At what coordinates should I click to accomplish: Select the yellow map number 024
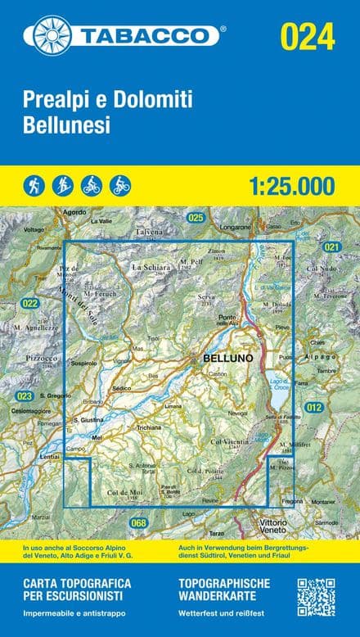click(308, 37)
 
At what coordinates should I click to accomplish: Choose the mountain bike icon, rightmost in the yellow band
click(120, 186)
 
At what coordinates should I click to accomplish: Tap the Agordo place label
click(74, 213)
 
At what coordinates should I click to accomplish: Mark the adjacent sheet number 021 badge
click(331, 246)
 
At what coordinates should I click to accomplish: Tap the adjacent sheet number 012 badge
click(313, 407)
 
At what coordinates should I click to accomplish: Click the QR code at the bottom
click(316, 598)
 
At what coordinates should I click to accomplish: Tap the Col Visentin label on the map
click(230, 443)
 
